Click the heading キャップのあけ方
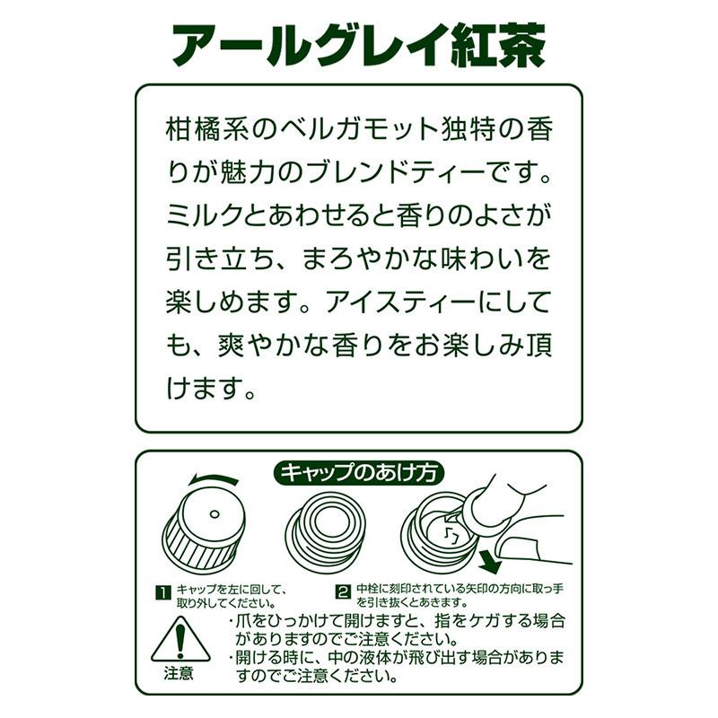click(x=359, y=472)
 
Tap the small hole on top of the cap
click(x=214, y=513)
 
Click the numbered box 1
click(x=162, y=591)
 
